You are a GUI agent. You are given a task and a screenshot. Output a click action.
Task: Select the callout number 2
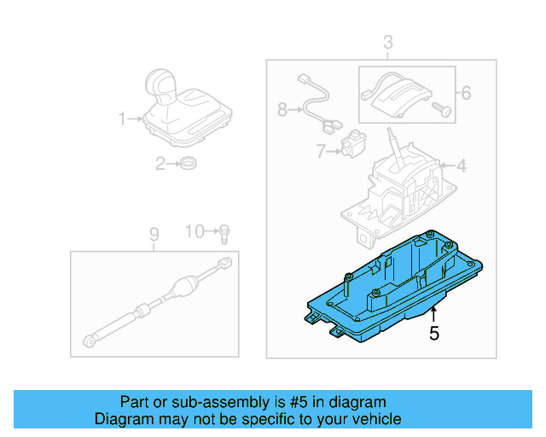pos(160,164)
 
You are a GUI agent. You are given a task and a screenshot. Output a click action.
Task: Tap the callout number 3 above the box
pos(387,43)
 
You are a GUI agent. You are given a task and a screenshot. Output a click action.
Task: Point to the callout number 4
pos(461,166)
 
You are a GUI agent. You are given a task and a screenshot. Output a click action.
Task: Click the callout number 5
pos(434,334)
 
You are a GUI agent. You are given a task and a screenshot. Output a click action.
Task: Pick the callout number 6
pos(466,91)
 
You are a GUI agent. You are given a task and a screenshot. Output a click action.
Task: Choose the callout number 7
pos(320,151)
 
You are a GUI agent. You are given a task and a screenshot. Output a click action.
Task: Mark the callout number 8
pos(283,109)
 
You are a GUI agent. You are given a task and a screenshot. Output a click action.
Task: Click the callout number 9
pos(154,233)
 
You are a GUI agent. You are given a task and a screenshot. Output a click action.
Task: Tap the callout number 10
pos(195,230)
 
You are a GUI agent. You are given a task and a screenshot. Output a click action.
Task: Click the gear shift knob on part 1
pos(161,84)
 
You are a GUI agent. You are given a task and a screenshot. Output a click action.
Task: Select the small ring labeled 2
pos(188,164)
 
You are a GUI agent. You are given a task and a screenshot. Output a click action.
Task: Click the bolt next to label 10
pos(224,230)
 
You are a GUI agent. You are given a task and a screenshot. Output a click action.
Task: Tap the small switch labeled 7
pos(351,145)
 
